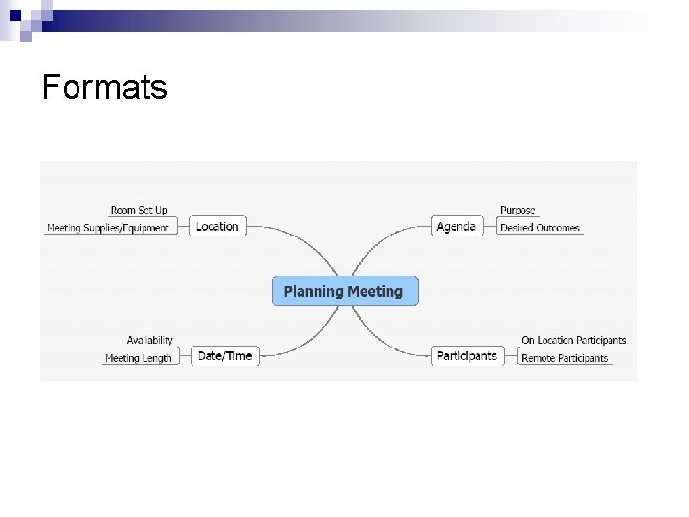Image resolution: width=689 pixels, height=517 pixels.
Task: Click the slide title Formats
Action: [x=104, y=87]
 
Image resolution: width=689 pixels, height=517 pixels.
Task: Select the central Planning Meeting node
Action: [x=344, y=291]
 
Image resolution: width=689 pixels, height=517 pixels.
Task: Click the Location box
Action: [x=217, y=226]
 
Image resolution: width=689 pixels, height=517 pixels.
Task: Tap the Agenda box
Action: [x=456, y=226]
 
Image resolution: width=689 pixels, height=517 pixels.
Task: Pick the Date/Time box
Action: [x=224, y=356]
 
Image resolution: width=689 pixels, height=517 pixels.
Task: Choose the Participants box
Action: [x=466, y=356]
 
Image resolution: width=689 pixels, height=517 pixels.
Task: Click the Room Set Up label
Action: [x=139, y=210]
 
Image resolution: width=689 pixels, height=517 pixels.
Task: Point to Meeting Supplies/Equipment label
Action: [x=108, y=228]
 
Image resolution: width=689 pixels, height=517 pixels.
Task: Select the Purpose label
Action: [x=518, y=210]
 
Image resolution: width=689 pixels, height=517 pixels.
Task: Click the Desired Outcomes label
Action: [x=540, y=228]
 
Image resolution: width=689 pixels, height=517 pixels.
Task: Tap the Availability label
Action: [x=150, y=340]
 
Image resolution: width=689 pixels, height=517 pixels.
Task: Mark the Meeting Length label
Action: [x=139, y=358]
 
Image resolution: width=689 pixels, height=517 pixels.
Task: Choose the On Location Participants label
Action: [x=573, y=340]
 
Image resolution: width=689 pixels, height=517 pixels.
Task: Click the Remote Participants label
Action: [x=565, y=358]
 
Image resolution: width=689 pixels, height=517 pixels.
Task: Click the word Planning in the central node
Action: [x=314, y=291]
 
